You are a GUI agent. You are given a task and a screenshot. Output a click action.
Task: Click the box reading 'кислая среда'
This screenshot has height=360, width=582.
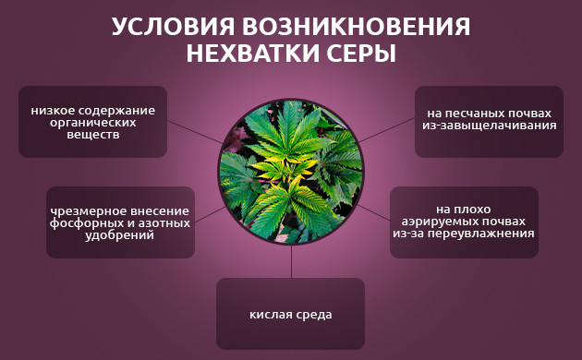click(290, 314)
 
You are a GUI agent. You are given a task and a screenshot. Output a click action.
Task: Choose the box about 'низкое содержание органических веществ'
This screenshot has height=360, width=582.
click(92, 122)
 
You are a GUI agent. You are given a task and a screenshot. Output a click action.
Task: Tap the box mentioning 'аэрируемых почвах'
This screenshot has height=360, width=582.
click(464, 222)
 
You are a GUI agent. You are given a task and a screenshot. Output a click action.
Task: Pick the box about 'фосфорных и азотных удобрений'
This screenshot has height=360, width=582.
click(120, 222)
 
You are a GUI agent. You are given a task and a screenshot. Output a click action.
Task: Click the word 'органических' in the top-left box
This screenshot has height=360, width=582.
click(92, 123)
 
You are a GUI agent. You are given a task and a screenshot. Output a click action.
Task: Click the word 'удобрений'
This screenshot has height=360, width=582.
click(120, 234)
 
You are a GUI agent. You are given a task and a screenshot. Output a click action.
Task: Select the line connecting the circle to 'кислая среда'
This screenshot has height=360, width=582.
click(290, 263)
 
